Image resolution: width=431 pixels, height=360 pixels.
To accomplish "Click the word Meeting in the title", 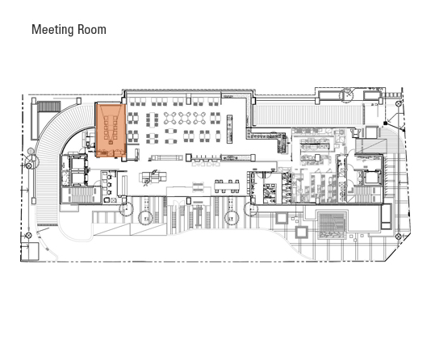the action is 52,30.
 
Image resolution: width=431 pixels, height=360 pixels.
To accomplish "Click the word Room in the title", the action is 91,29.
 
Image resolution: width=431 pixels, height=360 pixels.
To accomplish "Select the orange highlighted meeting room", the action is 111,131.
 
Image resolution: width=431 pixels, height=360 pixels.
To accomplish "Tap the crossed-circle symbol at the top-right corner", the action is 399,103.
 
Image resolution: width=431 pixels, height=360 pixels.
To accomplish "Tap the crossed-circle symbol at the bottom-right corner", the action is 398,237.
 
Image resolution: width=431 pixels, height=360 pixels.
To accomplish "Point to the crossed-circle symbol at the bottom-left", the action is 28,236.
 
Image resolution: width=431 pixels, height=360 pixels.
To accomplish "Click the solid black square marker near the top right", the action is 385,123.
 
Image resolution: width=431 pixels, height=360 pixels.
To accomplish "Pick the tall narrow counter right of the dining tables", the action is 229,129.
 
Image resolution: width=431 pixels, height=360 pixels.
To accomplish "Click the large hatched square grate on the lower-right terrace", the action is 332,224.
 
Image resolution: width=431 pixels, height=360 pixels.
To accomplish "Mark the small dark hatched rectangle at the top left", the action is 48,107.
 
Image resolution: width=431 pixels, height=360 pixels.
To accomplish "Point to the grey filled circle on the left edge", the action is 31,151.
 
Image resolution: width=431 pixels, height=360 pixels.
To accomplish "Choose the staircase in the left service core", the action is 80,195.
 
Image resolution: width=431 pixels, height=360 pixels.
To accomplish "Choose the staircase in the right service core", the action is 365,195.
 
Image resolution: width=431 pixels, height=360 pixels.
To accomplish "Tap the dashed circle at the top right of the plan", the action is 347,95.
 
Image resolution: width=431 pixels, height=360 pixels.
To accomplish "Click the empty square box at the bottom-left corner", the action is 30,251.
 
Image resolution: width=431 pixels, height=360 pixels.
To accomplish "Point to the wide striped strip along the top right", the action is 308,115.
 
